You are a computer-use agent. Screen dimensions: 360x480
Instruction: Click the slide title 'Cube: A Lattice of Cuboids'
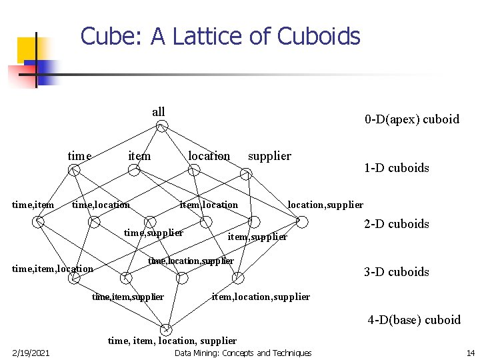220,36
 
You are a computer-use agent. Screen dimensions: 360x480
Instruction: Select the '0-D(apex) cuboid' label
411,119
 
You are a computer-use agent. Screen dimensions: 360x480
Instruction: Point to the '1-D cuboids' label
396,168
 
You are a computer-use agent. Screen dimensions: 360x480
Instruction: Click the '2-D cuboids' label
396,224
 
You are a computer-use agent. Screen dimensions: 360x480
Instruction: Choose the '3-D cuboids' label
396,272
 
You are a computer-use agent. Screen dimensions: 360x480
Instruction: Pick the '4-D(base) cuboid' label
414,320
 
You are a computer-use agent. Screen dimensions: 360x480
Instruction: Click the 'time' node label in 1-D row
79,156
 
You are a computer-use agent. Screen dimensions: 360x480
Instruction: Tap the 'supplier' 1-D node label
269,156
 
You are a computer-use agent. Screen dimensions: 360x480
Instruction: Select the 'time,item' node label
33,205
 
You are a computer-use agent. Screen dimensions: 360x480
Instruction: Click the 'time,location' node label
101,205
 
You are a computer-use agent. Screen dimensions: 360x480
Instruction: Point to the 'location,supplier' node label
325,205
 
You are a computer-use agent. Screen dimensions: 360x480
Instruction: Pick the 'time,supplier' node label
153,233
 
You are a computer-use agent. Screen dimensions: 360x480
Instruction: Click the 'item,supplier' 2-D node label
257,237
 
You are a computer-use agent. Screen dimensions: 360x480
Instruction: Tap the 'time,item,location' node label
53,269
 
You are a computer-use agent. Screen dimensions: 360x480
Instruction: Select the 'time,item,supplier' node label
127,297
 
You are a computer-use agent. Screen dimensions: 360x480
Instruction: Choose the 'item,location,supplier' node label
261,297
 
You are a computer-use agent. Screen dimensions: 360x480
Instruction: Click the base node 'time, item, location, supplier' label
172,341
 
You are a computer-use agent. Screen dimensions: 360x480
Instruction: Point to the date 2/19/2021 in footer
29,353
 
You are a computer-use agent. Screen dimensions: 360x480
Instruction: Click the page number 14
470,353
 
